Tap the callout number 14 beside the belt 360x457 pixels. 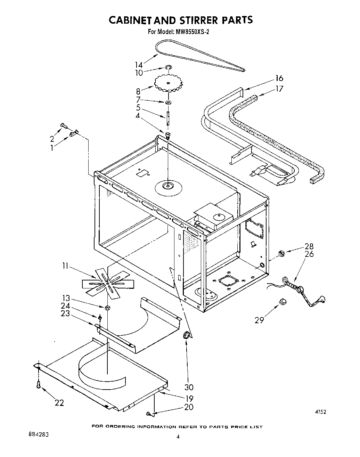139,65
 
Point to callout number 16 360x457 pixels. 279,78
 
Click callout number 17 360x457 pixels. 279,89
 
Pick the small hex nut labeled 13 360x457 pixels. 108,307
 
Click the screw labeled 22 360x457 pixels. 39,384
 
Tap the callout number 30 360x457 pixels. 189,387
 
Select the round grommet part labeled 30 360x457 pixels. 187,335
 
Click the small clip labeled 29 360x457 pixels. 282,301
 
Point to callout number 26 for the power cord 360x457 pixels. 309,254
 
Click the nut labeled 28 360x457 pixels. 282,254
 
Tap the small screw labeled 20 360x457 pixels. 149,414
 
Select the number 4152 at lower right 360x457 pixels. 320,412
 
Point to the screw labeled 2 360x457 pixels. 63,125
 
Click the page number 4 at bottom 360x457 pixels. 178,437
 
